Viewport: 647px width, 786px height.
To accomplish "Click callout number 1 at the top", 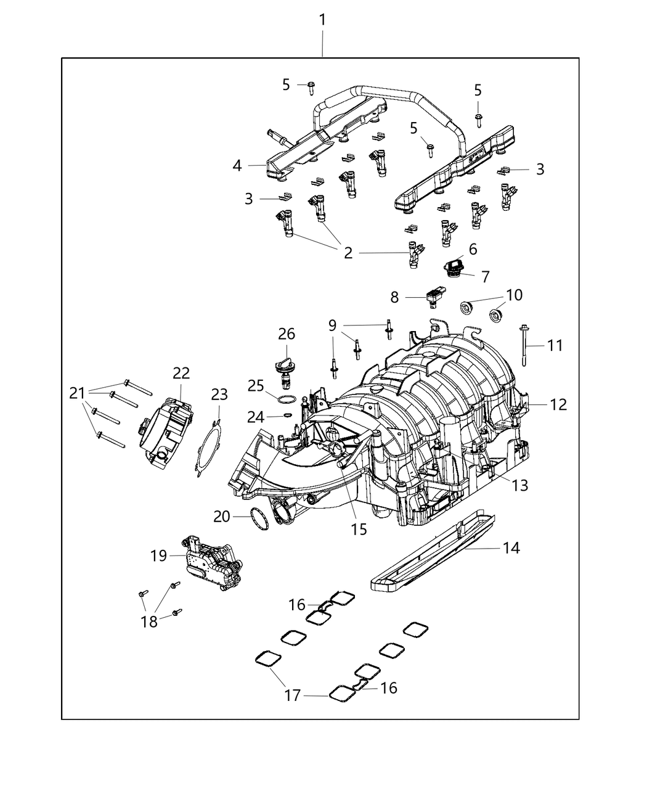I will [322, 20].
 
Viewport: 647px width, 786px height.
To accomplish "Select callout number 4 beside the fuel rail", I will [237, 165].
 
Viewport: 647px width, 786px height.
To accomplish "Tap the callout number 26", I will [286, 334].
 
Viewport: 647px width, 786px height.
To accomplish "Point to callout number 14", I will [511, 547].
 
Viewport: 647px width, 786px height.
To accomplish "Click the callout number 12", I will [558, 404].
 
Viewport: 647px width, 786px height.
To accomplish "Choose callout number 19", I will [158, 555].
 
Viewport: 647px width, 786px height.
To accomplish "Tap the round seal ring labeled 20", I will [262, 518].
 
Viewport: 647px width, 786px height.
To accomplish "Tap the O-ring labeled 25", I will [283, 399].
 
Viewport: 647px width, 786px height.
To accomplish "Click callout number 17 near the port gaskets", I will [292, 696].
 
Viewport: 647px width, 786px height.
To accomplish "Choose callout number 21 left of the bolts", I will [77, 392].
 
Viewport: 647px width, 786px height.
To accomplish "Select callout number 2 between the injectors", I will [348, 253].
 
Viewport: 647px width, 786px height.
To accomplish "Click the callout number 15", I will [359, 528].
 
